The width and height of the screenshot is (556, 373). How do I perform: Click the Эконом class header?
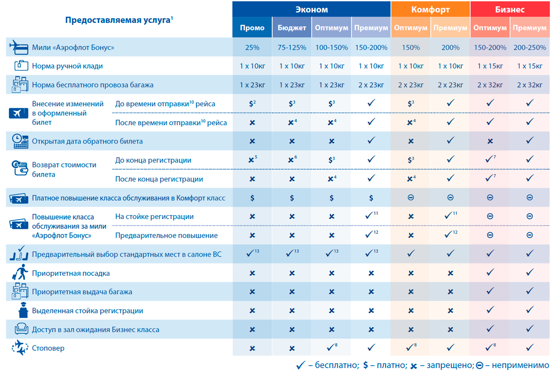pyautogui.click(x=311, y=10)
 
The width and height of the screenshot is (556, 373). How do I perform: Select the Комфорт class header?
pyautogui.click(x=430, y=10)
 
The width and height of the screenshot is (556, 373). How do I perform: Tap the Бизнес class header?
pyautogui.click(x=510, y=10)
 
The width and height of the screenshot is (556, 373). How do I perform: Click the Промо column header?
pyautogui.click(x=252, y=28)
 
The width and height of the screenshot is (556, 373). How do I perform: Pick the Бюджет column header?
pyautogui.click(x=292, y=28)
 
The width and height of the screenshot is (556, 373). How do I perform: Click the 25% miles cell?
pyautogui.click(x=252, y=47)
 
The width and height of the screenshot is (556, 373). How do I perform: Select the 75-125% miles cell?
pyautogui.click(x=292, y=47)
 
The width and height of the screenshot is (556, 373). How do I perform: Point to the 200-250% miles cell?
pyautogui.click(x=529, y=47)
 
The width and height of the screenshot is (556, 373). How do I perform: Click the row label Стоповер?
pyautogui.click(x=48, y=348)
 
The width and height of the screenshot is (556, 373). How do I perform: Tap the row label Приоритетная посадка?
pyautogui.click(x=71, y=273)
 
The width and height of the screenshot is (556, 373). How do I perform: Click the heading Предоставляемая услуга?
pyautogui.click(x=118, y=20)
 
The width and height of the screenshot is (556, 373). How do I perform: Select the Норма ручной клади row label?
pyautogui.click(x=67, y=66)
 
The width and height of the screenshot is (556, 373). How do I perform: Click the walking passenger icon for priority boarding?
pyautogui.click(x=20, y=273)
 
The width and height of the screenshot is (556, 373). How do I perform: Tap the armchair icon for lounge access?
pyautogui.click(x=21, y=329)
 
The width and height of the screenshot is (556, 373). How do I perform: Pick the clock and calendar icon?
pyautogui.click(x=20, y=141)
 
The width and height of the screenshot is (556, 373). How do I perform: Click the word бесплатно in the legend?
pyautogui.click(x=336, y=365)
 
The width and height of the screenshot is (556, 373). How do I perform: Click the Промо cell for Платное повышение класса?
pyautogui.click(x=252, y=198)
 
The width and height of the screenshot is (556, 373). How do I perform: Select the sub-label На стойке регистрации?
pyautogui.click(x=154, y=217)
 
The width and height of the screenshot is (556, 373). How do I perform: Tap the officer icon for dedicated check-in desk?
pyautogui.click(x=23, y=310)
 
